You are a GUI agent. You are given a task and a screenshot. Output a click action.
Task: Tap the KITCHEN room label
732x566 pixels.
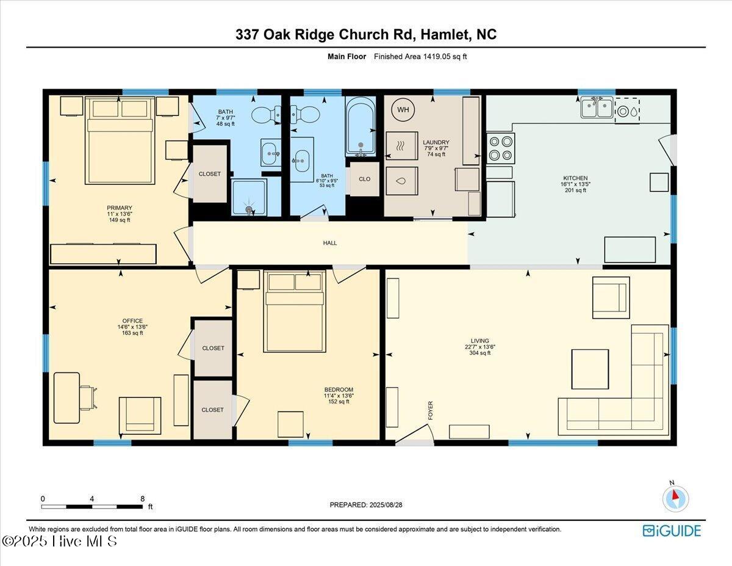point(574,178)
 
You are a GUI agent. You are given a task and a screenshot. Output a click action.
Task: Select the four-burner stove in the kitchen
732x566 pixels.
point(501,147)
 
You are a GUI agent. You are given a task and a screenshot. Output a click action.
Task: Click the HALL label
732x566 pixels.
point(330,243)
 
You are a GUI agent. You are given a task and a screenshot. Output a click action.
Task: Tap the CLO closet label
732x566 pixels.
point(364,180)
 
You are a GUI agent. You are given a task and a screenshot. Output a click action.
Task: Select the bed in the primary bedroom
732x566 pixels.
point(120,140)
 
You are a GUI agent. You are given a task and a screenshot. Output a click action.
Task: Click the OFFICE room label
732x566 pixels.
point(132,321)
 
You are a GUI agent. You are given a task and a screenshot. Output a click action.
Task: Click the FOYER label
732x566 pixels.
point(431,410)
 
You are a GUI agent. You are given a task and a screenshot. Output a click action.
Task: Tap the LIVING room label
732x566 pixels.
point(479,341)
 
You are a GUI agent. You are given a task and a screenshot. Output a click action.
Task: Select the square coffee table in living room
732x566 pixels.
point(589,369)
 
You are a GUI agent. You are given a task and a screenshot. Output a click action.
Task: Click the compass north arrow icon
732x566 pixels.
point(675,498)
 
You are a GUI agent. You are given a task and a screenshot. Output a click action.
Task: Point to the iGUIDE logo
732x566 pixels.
point(672,531)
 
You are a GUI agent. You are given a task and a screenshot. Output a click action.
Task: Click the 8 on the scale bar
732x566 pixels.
point(142,499)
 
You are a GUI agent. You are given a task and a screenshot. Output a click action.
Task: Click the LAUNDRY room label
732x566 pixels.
point(436,142)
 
